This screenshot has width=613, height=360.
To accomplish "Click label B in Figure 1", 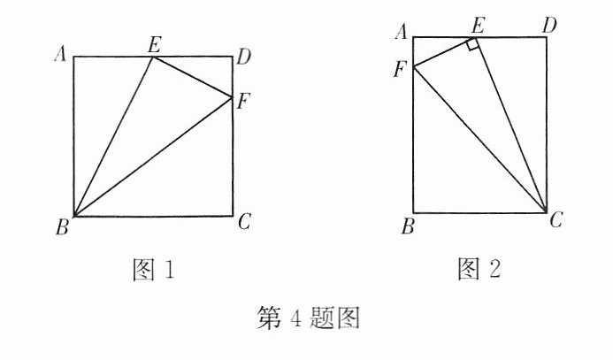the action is click(x=62, y=228).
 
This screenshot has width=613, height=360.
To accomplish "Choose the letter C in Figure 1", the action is click(x=245, y=222).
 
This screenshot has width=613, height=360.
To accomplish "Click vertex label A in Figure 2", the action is click(x=401, y=33).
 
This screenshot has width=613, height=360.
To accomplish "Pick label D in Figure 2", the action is click(x=549, y=25).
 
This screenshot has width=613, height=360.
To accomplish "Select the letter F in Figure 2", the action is click(x=400, y=69).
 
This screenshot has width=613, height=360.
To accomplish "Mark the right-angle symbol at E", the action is click(x=474, y=44).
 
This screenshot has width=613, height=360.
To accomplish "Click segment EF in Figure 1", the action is click(x=193, y=76).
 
